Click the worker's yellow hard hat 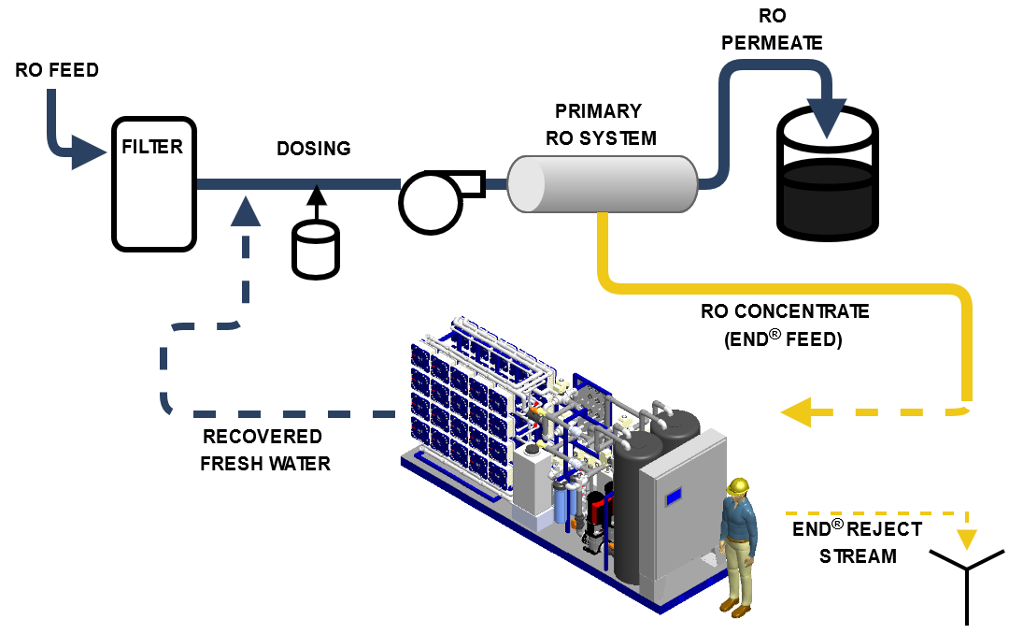[738, 486]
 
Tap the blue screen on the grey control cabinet [673, 497]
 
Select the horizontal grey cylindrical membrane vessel [603, 184]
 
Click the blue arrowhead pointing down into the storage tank [828, 117]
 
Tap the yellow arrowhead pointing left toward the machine [795, 411]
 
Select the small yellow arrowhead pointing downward [967, 539]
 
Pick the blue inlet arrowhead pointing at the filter [90, 151]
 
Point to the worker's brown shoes [733, 608]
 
